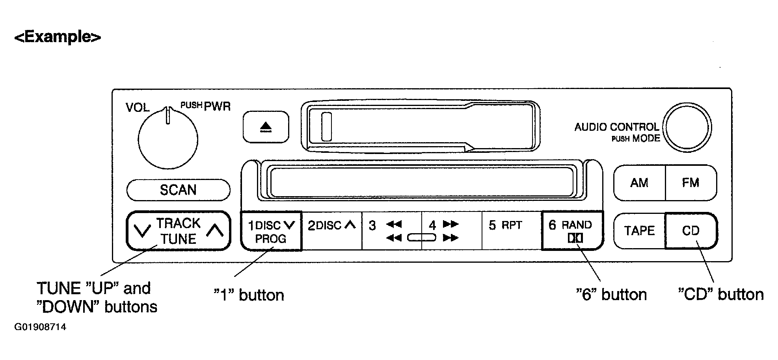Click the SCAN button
pos(178,190)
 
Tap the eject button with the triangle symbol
pos(266,127)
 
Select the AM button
pos(639,183)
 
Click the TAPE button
pos(639,230)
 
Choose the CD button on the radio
pos(691,230)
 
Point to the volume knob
pos(168,139)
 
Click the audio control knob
pos(687,127)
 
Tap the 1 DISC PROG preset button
pos(271,231)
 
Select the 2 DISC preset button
pos(332,231)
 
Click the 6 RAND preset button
pos(572,231)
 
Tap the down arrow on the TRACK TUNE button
pos(142,230)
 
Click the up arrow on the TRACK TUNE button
pos(215,230)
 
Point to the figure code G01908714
pos(40,327)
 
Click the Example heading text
pos(58,37)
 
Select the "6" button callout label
pos(611,295)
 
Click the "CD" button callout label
pos(721,294)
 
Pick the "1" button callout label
pos(249,295)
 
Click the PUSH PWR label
pos(205,106)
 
